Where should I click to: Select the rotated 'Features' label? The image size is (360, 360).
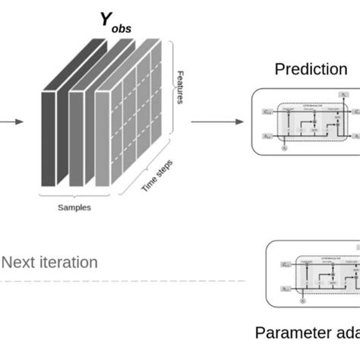point(180,87)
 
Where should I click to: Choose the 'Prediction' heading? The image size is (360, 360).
point(311,69)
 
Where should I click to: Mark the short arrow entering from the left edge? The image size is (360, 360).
point(11,121)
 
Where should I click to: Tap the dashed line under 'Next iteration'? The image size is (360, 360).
point(122,281)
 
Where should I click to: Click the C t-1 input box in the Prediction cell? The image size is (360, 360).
point(267,111)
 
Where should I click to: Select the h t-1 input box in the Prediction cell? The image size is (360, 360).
point(267,135)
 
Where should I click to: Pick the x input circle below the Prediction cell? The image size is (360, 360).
point(285,149)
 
